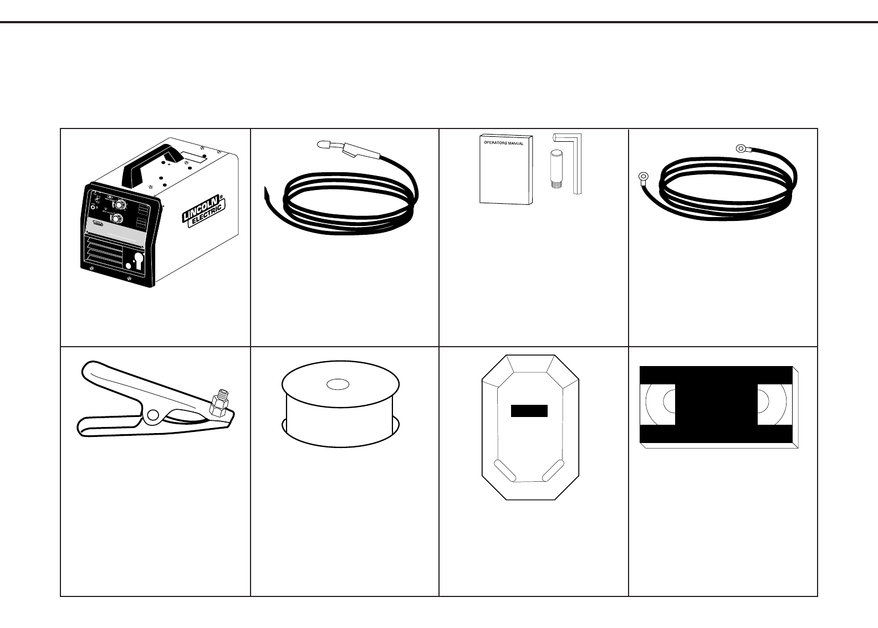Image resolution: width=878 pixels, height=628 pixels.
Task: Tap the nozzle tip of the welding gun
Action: [x=323, y=145]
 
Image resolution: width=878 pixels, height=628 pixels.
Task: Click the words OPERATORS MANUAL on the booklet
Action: [x=504, y=143]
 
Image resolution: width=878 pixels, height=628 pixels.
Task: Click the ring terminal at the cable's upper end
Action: [x=741, y=148]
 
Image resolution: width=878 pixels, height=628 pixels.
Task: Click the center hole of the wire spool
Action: [x=338, y=384]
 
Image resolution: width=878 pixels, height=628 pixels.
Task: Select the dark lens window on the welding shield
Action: [x=529, y=411]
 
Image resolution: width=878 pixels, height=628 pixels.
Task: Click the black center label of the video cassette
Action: [x=716, y=404]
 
